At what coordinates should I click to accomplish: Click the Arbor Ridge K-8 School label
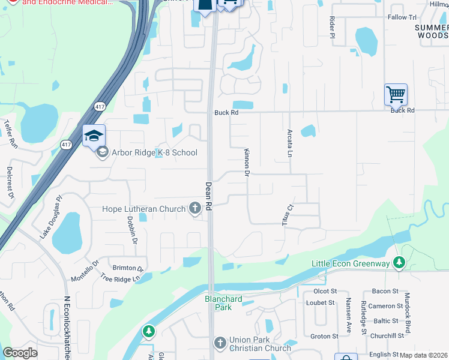(154, 152)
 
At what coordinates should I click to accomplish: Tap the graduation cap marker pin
(94, 136)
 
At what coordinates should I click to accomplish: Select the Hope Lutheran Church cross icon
(194, 208)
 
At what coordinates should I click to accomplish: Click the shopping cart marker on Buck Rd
(396, 94)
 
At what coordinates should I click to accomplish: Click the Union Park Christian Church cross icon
(220, 343)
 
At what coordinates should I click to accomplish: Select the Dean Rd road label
(209, 196)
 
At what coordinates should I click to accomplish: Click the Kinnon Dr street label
(246, 163)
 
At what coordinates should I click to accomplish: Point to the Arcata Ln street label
(289, 143)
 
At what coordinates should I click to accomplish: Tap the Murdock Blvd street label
(408, 313)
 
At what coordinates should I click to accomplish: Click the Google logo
(20, 353)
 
